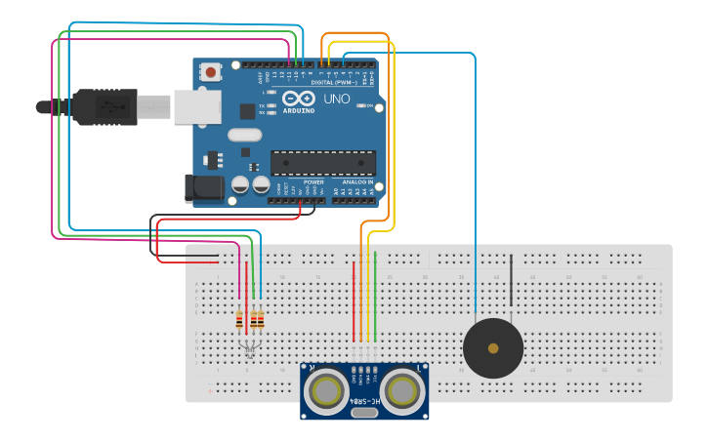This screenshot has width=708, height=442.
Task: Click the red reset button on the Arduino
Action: coord(210,71)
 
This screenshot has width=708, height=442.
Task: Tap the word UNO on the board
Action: coord(336,100)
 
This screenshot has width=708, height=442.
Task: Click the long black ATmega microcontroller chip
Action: coord(322,162)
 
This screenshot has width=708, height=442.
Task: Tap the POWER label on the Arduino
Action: coord(313,182)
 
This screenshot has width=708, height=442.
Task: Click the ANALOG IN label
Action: coord(357,182)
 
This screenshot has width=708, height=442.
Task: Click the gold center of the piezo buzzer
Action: coord(493,348)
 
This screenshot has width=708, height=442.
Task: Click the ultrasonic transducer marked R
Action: coord(325,390)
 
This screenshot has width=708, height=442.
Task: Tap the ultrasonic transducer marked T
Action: coord(403,390)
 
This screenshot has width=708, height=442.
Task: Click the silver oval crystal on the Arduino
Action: coord(245,136)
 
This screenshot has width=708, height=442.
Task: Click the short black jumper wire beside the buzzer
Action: coord(511,277)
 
